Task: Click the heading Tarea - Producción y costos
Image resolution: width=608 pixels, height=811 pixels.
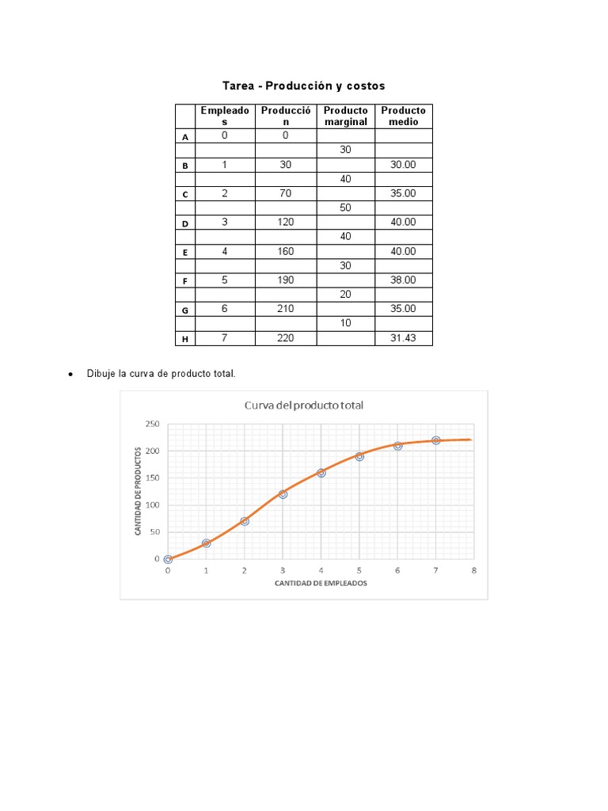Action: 303,86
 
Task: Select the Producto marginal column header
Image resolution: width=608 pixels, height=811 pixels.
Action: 346,116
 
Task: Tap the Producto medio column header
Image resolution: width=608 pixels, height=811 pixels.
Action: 404,116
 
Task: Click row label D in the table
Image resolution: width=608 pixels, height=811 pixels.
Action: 185,223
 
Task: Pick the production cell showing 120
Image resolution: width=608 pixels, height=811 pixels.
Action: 285,223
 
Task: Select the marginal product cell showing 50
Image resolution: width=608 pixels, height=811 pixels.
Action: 345,208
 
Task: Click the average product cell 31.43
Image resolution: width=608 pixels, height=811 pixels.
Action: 404,338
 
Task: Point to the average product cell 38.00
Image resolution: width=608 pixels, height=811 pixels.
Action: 404,280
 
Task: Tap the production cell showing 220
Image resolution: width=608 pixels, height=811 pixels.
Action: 285,338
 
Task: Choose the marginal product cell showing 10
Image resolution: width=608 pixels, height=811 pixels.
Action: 345,323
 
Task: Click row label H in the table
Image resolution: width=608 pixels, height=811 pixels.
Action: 185,339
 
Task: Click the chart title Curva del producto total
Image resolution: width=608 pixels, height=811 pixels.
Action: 302,405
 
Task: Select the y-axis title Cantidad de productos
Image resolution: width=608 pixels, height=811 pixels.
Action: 139,491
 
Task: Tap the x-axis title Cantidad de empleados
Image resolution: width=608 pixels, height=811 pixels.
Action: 321,584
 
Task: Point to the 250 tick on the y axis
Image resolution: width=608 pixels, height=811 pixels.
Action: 152,424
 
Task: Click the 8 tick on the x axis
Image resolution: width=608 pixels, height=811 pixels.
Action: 473,570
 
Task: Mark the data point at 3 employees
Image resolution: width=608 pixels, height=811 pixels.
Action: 283,494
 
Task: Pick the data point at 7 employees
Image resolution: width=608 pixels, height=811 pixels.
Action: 435,440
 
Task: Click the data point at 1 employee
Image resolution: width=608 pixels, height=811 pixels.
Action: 206,543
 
